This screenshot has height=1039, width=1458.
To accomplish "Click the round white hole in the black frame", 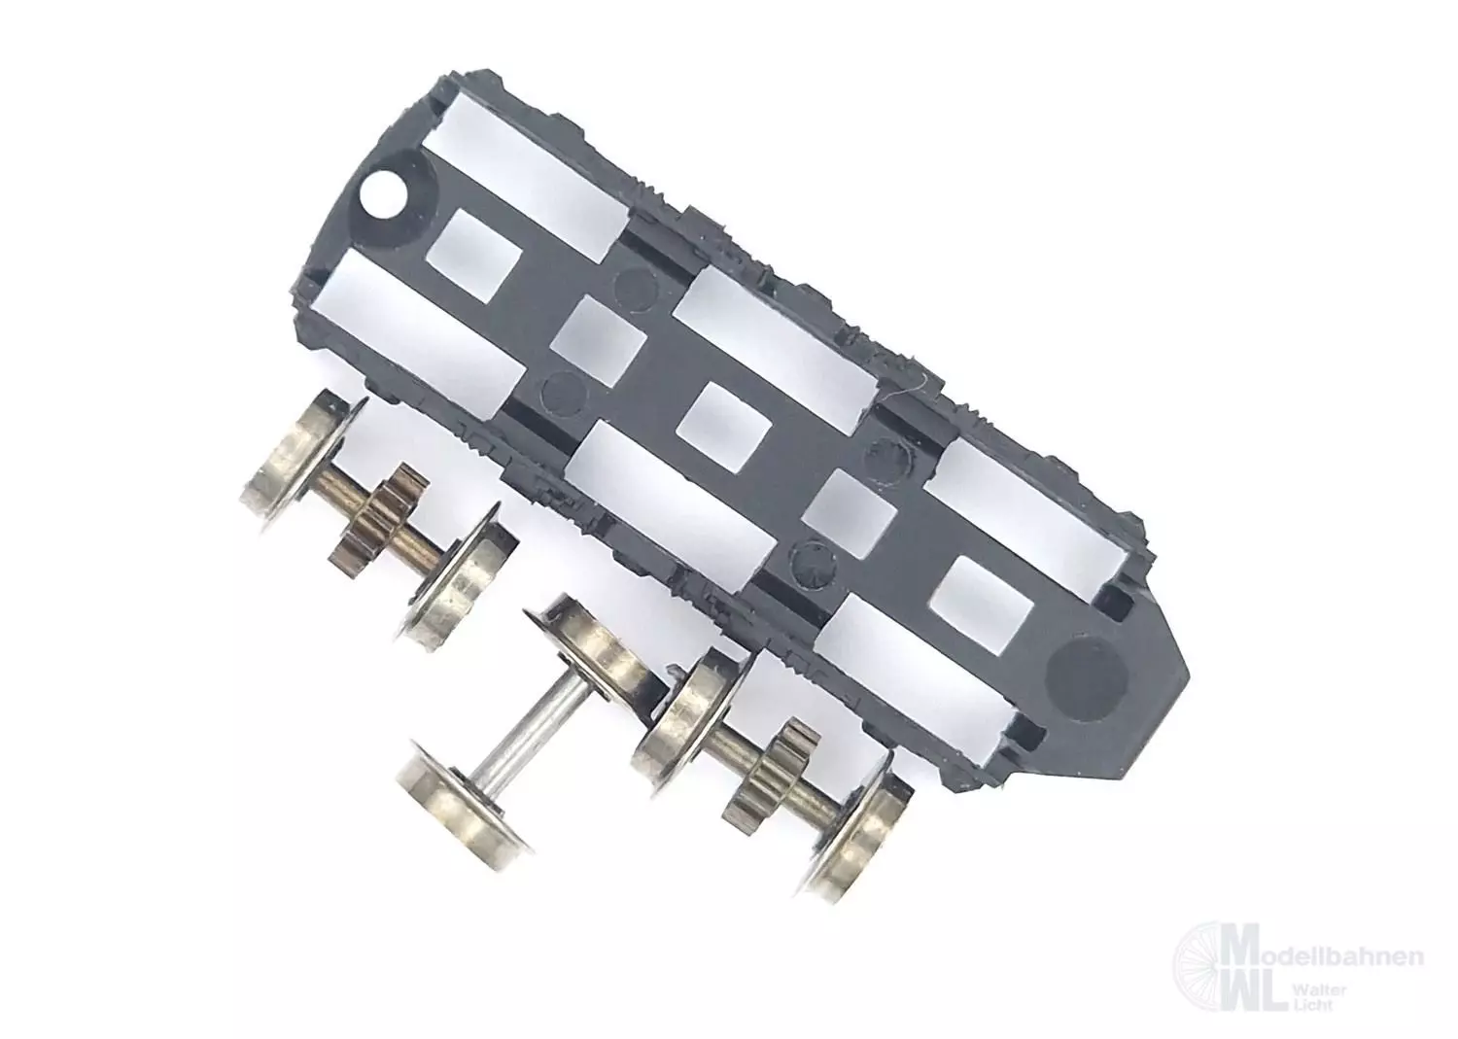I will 381,197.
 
